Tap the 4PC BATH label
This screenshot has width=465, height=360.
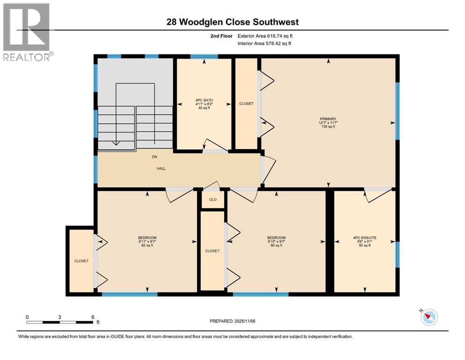204,99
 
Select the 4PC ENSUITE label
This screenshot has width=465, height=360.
364,238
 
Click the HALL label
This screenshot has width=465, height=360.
161,168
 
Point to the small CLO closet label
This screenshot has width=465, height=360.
213,199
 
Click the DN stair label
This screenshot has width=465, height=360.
154,157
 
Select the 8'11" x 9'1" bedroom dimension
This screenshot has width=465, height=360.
147,241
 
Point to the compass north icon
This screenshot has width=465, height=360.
428,317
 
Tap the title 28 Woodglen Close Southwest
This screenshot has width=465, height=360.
232,22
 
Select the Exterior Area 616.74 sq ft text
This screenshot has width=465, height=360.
266,36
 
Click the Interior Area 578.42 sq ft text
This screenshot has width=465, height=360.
265,43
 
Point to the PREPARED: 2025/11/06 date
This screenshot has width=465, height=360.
232,321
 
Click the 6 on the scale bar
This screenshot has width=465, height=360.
93,317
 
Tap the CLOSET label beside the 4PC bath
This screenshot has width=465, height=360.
246,104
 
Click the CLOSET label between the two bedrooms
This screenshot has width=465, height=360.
212,251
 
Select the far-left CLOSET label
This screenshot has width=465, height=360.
81,261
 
